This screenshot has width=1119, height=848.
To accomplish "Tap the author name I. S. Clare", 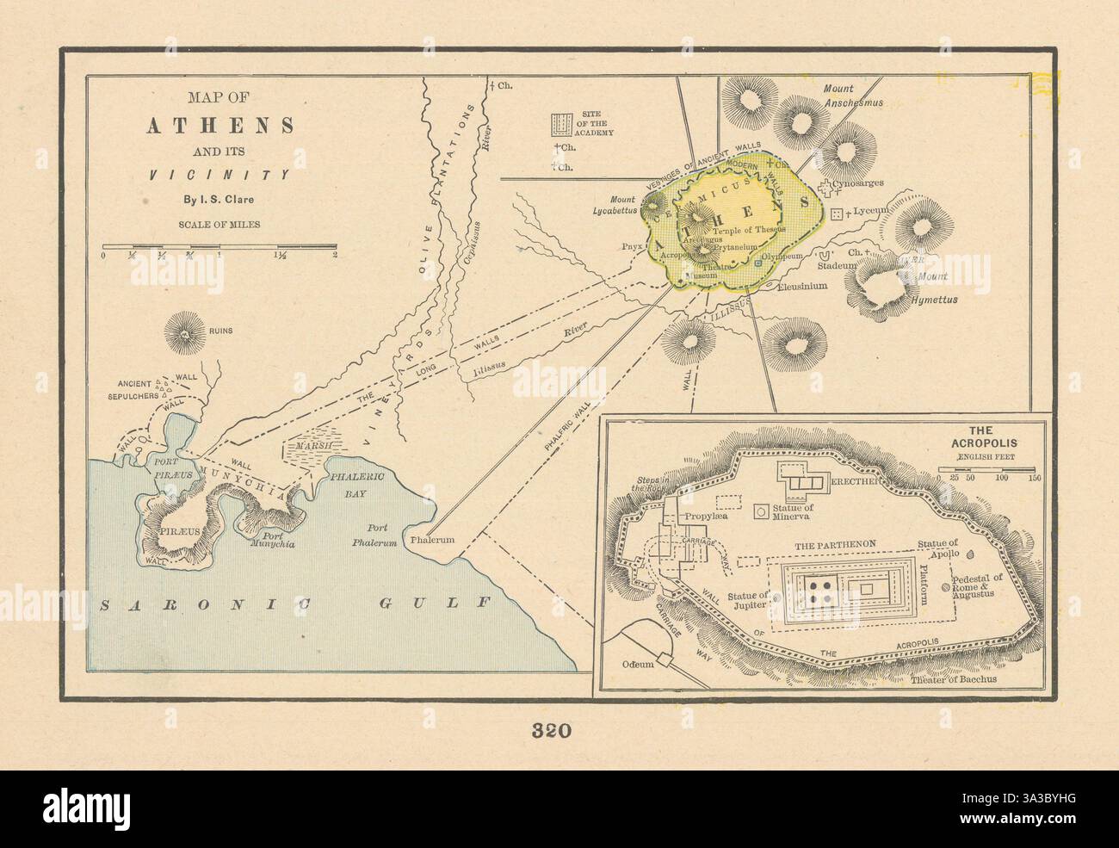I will (x=219, y=202).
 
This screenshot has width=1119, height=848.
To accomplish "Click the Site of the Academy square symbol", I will (x=561, y=124).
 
